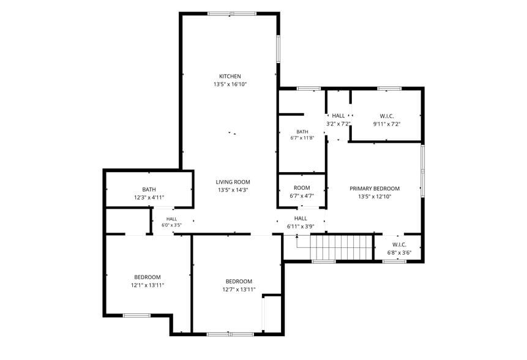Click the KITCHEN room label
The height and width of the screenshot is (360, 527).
point(230,77)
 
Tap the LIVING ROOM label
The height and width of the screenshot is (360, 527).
point(233,182)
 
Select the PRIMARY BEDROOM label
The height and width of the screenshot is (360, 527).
point(375,189)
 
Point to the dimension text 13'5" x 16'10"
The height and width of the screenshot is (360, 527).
point(230,84)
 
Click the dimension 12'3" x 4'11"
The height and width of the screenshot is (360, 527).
point(149,198)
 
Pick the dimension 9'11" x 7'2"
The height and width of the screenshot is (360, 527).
point(387,124)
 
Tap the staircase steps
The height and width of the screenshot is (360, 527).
point(341,247)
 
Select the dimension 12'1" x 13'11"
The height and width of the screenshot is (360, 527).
point(148,285)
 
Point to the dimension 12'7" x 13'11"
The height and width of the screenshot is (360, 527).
point(239,290)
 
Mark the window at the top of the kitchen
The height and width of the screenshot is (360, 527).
point(232,14)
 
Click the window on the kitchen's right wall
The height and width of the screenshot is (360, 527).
point(278,48)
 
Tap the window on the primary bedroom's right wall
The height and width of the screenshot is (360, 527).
point(422,171)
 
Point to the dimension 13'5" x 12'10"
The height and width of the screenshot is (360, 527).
point(375,197)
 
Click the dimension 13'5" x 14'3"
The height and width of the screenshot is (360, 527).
point(233,190)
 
